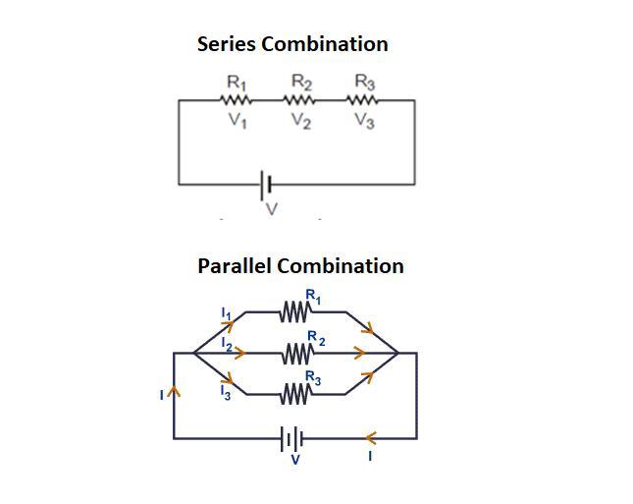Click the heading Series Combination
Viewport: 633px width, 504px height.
pyautogui.click(x=292, y=44)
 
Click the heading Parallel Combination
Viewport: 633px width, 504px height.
pyautogui.click(x=300, y=266)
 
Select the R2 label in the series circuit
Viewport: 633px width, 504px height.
pyautogui.click(x=301, y=83)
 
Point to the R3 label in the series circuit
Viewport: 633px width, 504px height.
pyautogui.click(x=364, y=83)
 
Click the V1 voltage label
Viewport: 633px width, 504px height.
pyautogui.click(x=237, y=122)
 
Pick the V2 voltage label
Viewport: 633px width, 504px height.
pyautogui.click(x=301, y=122)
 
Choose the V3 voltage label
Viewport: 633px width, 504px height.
pyautogui.click(x=364, y=122)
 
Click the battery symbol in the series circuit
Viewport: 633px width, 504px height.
pyautogui.click(x=266, y=184)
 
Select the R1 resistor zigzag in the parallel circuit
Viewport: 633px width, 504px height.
pyautogui.click(x=294, y=312)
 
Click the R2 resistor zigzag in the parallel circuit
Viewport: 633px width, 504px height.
pyautogui.click(x=295, y=353)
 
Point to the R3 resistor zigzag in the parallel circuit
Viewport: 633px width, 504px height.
pyautogui.click(x=294, y=395)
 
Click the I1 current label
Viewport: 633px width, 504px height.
pyautogui.click(x=225, y=313)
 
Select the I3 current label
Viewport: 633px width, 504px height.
pyautogui.click(x=225, y=391)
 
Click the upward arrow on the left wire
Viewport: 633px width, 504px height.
pyautogui.click(x=175, y=392)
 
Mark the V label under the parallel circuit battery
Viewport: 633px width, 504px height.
pyautogui.click(x=295, y=459)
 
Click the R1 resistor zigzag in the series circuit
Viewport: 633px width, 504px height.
pyautogui.click(x=237, y=100)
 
